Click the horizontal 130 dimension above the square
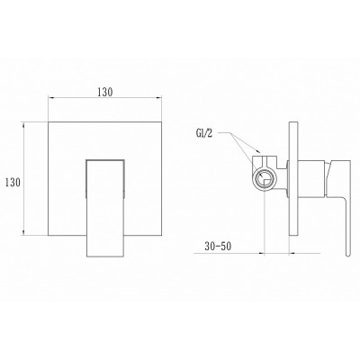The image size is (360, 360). [x=104, y=93]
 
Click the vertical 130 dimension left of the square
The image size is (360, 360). [x=13, y=182]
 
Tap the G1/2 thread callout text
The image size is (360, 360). [x=204, y=134]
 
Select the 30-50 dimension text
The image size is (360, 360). [x=218, y=247]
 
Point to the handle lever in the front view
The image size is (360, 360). [x=105, y=208]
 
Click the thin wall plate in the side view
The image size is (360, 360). [x=294, y=179]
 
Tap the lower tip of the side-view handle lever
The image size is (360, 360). [x=348, y=256]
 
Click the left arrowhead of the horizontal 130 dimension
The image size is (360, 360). [x=51, y=98]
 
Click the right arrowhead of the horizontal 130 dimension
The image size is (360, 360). [x=158, y=98]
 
